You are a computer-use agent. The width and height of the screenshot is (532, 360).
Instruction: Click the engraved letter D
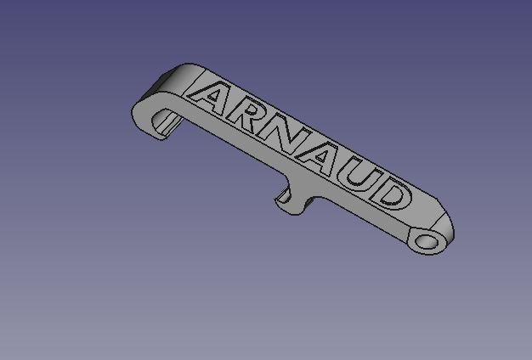pos(390,196)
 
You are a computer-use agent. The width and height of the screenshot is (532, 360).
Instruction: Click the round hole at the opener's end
pos(429,242)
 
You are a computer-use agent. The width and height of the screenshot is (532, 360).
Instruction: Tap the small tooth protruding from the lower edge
pos(287,200)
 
